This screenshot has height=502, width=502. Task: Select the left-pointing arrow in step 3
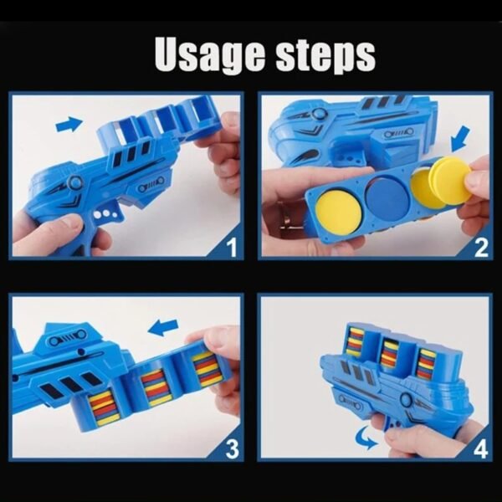point(165,325)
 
